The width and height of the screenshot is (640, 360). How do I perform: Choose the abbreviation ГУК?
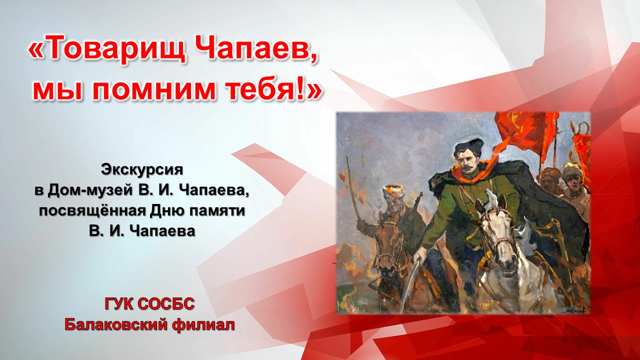[x=119, y=303]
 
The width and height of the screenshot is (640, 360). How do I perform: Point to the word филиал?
[x=203, y=325]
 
